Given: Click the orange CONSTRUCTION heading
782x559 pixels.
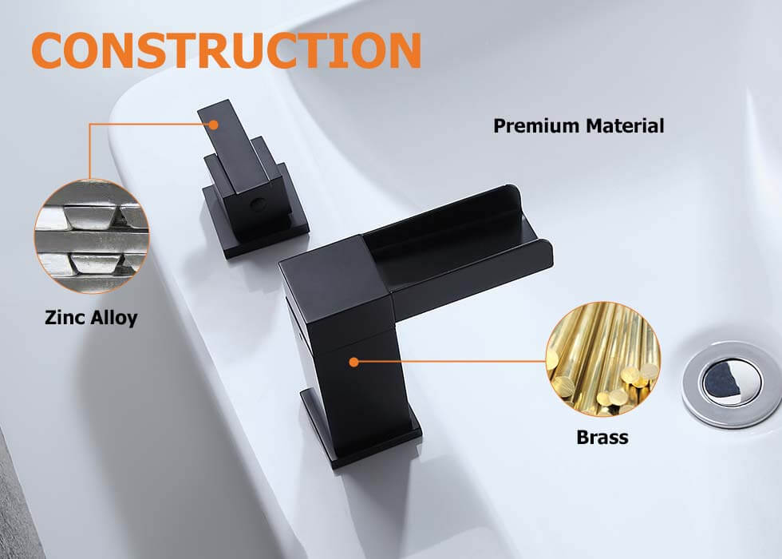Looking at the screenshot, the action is click(x=227, y=50).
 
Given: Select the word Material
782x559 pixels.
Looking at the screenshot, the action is click(x=625, y=126).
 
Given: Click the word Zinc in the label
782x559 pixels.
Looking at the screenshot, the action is click(x=64, y=318).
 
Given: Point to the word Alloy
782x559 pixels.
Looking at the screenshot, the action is click(x=113, y=319).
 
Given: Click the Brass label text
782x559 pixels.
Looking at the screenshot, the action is click(x=602, y=438).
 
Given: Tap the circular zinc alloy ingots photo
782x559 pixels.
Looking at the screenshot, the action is click(x=92, y=236).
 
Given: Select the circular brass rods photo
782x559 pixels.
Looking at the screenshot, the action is click(x=603, y=359).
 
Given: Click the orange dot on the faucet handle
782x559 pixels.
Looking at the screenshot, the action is click(x=214, y=125).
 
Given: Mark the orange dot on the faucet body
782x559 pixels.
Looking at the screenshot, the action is click(x=354, y=362).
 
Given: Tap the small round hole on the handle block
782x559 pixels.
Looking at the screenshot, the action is click(x=258, y=204).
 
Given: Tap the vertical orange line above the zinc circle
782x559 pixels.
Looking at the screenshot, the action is click(x=89, y=151).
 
